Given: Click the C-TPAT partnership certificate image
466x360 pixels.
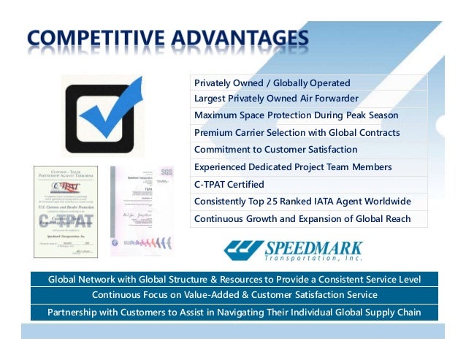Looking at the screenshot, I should [x=66, y=211].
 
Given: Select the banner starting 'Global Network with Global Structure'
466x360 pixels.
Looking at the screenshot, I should [x=234, y=280].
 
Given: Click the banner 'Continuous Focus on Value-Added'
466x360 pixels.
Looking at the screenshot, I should [x=234, y=295].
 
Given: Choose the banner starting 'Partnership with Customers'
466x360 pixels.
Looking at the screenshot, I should [x=234, y=313].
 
